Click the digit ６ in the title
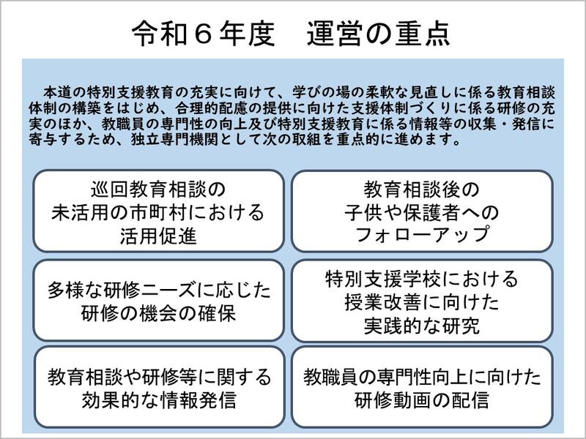(203, 34)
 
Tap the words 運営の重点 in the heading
(379, 34)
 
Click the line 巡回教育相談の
(158, 190)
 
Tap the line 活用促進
(158, 236)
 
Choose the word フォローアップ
(422, 234)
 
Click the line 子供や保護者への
(422, 212)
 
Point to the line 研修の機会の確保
(158, 313)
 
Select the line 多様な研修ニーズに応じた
(159, 290)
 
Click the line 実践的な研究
(422, 326)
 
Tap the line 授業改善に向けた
(422, 302)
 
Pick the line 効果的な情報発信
(159, 399)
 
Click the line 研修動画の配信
(422, 399)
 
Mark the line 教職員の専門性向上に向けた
(422, 377)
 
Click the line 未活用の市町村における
(158, 212)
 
